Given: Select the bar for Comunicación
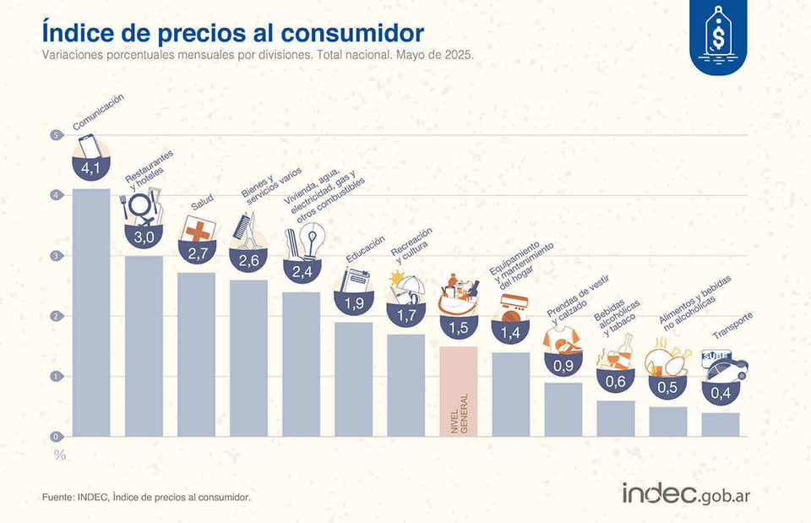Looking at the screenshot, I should coord(90,313).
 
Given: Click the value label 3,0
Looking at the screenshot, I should coord(143,237).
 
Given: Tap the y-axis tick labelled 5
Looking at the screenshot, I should coord(57,135).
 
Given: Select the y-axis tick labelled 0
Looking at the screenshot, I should coord(57,437).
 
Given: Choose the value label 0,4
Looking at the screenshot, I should coord(721,392).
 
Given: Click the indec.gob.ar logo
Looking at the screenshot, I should coord(685,494).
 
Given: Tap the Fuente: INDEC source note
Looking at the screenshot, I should coord(146,498).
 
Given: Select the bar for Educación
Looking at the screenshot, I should coord(353,379).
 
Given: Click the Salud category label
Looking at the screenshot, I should coord(201,204).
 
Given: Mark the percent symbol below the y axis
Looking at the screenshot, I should coord(59,455).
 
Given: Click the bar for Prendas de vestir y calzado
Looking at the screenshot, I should coord(563,410).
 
